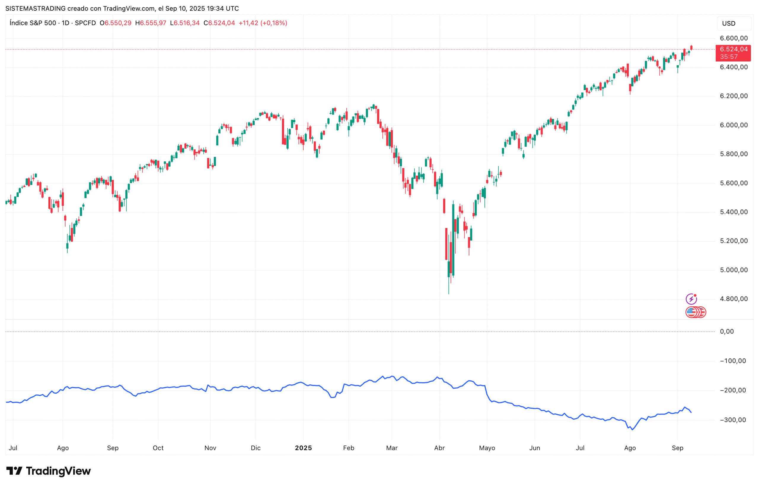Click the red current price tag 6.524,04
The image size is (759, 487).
click(733, 49)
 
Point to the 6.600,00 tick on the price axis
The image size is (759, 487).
click(734, 38)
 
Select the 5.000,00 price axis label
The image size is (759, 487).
click(734, 270)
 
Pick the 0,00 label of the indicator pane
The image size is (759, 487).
click(726, 331)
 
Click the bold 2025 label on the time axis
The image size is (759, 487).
click(303, 448)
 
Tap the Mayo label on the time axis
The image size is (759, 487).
click(487, 448)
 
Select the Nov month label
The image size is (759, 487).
click(210, 448)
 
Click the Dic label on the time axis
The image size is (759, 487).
click(256, 448)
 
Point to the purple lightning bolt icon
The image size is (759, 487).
click(691, 299)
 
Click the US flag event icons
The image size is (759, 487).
click(695, 312)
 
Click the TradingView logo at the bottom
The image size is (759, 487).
click(48, 471)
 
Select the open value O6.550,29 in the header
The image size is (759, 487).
click(115, 23)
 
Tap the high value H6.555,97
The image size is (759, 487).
click(151, 23)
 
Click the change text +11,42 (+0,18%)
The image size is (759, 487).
click(263, 23)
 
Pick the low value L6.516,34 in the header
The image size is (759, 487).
click(185, 23)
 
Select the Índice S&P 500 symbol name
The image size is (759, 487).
click(33, 23)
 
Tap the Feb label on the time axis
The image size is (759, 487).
click(348, 448)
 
